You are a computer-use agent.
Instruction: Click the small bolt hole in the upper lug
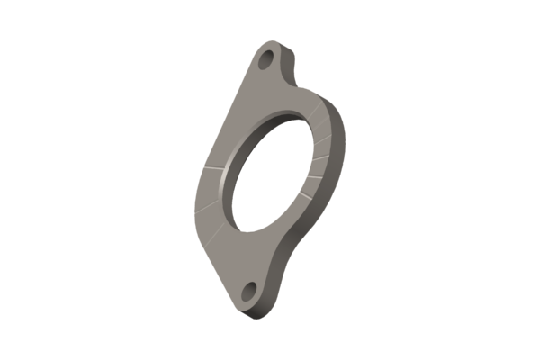click(x=267, y=60)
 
